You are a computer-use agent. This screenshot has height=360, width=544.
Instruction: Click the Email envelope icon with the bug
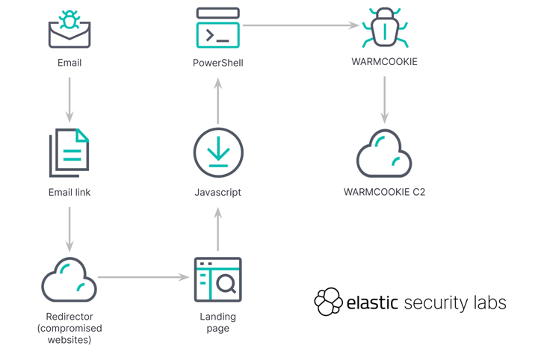coord(69,30)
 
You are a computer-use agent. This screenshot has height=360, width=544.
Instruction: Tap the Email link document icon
coord(69,153)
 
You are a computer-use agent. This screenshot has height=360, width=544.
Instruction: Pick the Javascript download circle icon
coord(218,153)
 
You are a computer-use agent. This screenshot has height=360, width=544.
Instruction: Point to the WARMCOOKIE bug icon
coord(385,29)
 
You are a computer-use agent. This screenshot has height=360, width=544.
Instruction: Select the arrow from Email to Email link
coord(69,99)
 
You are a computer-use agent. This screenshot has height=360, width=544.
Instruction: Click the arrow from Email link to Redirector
coord(69,229)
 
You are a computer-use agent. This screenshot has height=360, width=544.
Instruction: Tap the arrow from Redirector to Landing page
coord(143,278)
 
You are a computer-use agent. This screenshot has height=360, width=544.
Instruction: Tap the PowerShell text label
coord(218,63)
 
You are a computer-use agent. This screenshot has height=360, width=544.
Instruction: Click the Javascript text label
coord(218,192)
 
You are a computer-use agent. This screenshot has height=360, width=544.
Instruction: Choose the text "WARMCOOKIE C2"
coord(384,192)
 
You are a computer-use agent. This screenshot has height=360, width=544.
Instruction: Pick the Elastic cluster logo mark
coord(328,302)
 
